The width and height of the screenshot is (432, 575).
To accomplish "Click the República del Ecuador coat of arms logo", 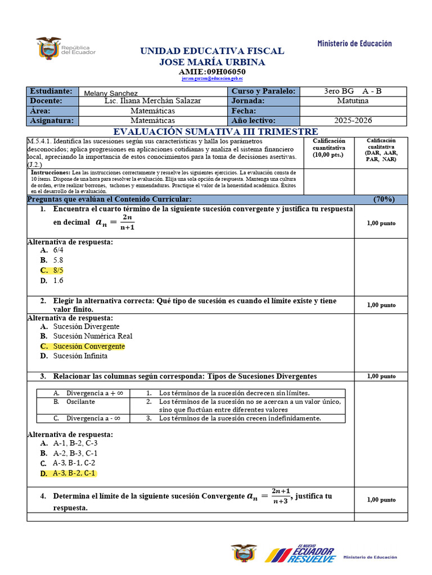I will coord(49,49).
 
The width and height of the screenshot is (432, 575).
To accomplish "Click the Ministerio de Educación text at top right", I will coord(354,43).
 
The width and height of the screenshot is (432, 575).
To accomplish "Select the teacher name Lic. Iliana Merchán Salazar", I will coord(152,101).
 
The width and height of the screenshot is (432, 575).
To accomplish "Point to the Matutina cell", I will coord(353,101).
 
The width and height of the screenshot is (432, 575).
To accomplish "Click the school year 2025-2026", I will coord(353,120).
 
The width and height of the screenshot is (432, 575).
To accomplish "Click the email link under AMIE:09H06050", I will coord(212,79).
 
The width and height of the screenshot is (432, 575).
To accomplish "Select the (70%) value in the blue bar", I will coord(384,199).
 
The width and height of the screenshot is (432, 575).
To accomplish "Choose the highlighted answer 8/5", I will coord(58,271).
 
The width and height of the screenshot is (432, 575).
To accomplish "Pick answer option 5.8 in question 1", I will coord(58,261).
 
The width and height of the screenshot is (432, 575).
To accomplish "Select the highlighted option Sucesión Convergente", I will coord(89,346).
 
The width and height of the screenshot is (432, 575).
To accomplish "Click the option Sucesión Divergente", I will coord(86,326).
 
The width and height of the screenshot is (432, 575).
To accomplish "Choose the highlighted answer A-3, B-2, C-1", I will coord(74,473).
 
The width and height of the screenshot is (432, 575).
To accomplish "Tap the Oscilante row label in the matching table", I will coord(80,401).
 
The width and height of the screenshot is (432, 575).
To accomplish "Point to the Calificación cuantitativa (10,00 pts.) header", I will coord(329,148).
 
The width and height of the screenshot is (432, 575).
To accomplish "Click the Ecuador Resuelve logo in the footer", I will coord(300,554).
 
